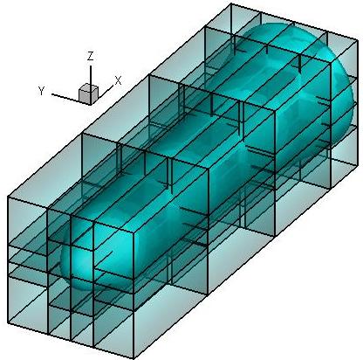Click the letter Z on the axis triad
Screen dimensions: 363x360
91,56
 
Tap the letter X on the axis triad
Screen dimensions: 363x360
118,80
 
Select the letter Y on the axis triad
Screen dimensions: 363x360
41,91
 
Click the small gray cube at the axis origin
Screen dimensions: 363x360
89,93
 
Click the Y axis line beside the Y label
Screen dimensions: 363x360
65,97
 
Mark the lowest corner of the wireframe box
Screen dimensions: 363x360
134,358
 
